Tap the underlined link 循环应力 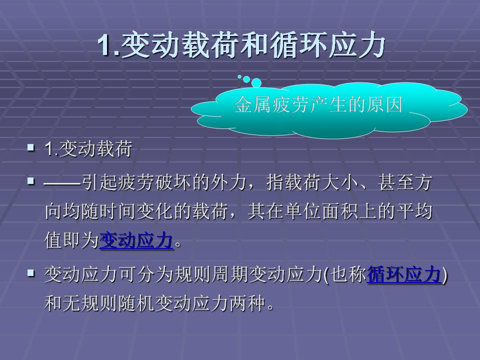click(404, 274)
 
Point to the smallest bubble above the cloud click(239, 76)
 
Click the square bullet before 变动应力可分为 click(31, 273)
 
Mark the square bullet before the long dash click(31, 180)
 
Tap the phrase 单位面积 click(327, 212)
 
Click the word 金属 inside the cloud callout click(248, 105)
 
